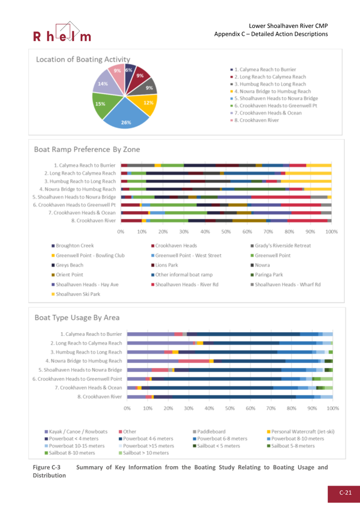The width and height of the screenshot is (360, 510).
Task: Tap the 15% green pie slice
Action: tap(102, 105)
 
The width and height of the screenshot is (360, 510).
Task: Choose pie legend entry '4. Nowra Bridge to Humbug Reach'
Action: tap(272, 91)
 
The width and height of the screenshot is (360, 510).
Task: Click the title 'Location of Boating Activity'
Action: tap(83, 59)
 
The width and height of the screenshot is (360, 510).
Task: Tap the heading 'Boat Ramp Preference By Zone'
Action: tap(87, 149)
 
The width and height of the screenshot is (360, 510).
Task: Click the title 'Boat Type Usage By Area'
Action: tap(77, 318)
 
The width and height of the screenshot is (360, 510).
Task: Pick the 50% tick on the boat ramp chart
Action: tap(226, 232)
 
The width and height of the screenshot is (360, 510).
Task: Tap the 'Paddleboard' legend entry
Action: tap(212, 432)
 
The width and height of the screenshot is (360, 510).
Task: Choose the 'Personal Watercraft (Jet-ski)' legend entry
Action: tap(303, 432)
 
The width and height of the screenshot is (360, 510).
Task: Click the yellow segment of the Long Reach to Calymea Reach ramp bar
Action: tap(308, 173)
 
